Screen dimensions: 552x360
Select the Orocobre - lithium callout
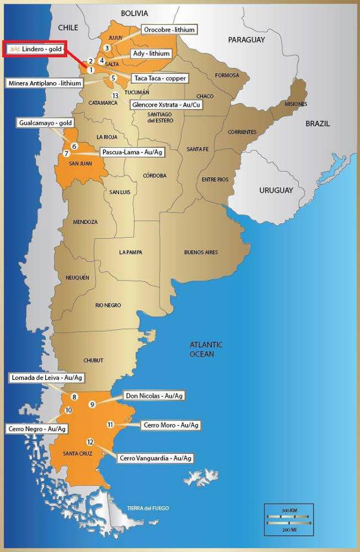coord(170,29)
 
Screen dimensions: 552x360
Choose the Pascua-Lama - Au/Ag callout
coord(133,152)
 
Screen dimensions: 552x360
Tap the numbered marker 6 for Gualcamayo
coord(74,146)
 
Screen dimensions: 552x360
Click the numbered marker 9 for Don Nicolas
coord(92,404)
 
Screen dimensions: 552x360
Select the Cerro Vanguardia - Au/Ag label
coord(155,458)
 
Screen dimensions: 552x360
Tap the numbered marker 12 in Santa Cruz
coord(90,441)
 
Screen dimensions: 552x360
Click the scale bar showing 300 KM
coord(289,511)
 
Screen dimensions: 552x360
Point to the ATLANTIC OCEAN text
coord(206,349)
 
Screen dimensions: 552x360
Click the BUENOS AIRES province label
coord(201,252)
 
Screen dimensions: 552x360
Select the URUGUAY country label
coord(276,191)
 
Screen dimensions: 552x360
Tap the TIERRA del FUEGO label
coord(148,508)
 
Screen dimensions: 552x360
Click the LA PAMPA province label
coord(130,252)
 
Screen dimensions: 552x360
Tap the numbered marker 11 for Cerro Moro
coord(110,424)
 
